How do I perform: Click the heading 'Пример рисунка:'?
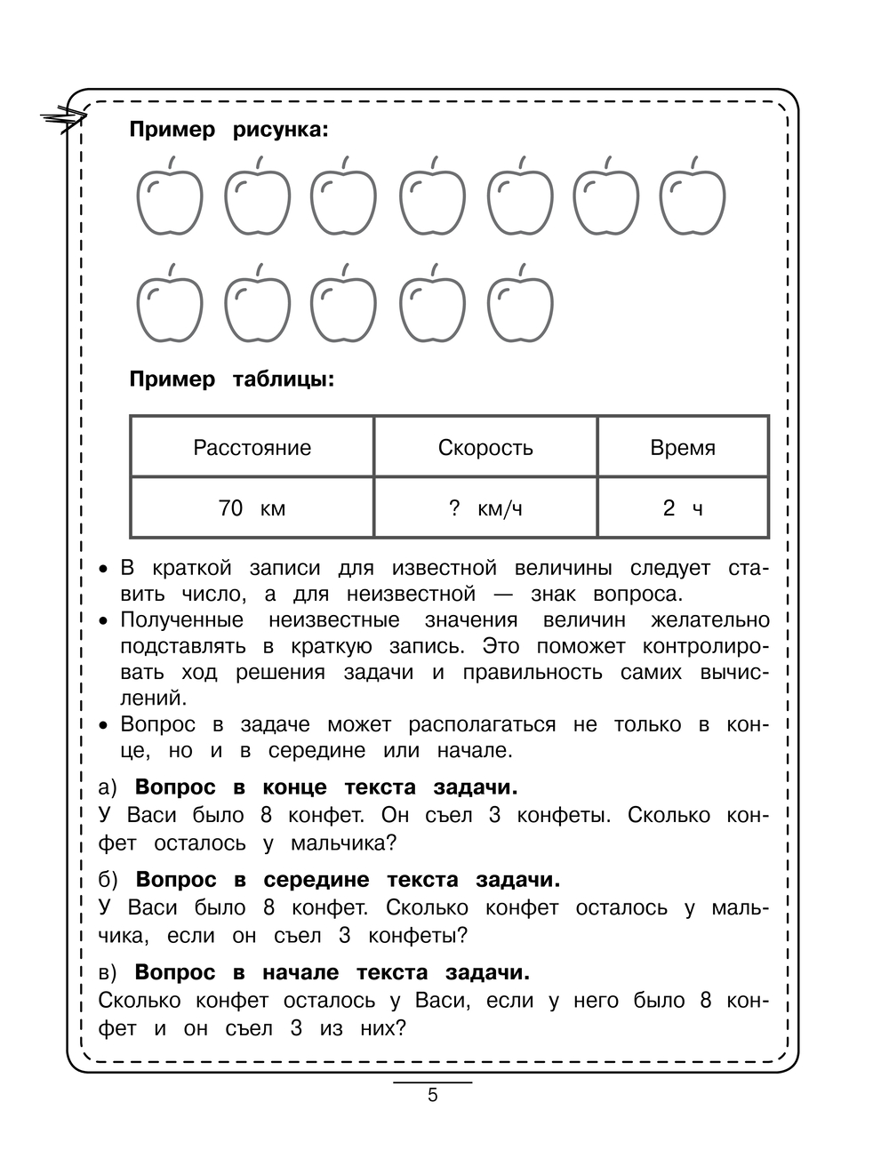click(x=228, y=130)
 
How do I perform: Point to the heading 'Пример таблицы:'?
click(x=232, y=379)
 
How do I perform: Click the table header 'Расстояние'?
click(x=252, y=447)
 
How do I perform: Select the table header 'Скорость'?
click(x=485, y=447)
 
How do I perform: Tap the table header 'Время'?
click(x=683, y=447)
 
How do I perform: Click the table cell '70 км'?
click(x=252, y=508)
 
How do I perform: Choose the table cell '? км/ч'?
click(x=485, y=508)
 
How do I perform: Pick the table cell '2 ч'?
click(x=683, y=508)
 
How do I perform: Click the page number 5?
click(x=433, y=1095)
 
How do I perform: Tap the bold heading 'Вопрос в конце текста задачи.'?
click(x=325, y=787)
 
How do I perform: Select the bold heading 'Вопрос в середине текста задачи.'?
click(x=348, y=880)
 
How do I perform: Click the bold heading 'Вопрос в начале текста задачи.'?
click(x=332, y=972)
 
